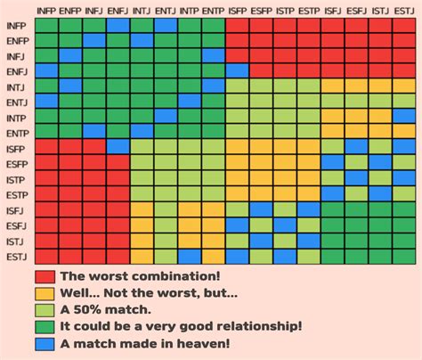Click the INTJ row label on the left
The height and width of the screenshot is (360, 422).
16,86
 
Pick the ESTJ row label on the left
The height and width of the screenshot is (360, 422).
16,256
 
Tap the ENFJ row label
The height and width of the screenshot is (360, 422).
16,70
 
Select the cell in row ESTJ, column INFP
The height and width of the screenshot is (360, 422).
46,256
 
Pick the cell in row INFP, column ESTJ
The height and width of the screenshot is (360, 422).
403,25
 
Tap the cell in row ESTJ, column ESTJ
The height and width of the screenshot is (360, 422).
403,256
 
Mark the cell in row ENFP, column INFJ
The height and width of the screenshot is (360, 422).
94,40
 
